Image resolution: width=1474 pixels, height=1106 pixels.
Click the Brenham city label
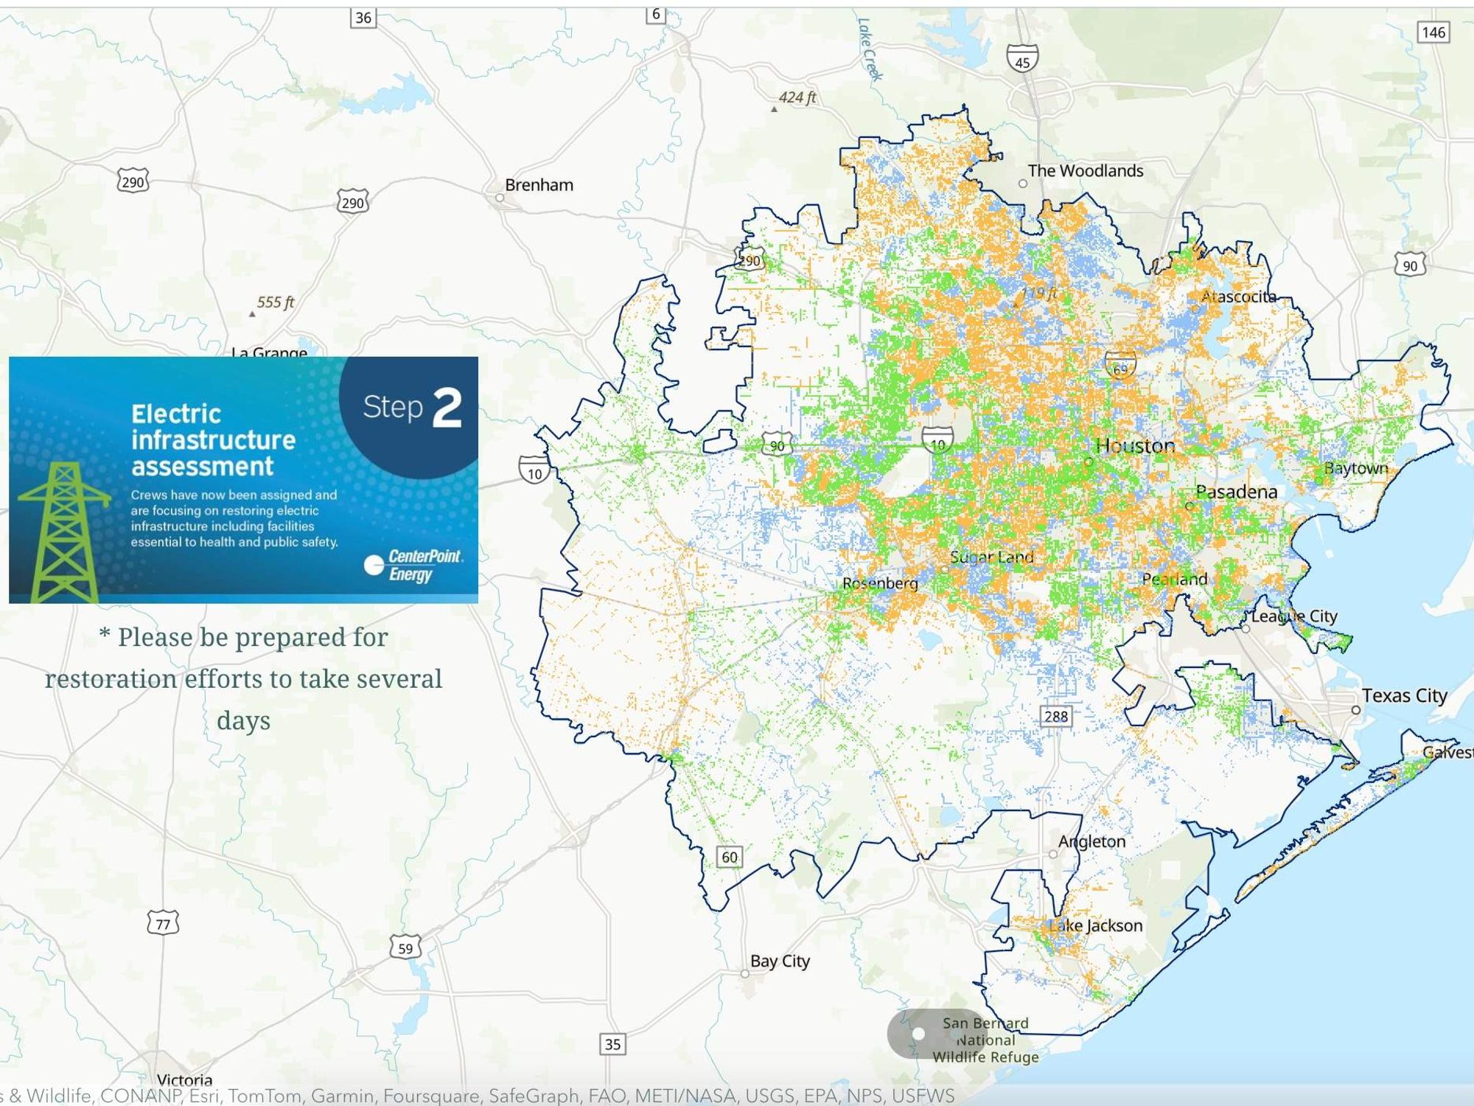pyautogui.click(x=539, y=185)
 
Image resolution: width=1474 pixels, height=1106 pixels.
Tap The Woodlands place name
pyautogui.click(x=1085, y=171)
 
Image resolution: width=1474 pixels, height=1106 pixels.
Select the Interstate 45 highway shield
pyautogui.click(x=1022, y=58)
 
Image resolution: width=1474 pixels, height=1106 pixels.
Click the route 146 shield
pyautogui.click(x=1433, y=32)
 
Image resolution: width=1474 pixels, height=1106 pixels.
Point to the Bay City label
pyautogui.click(x=780, y=961)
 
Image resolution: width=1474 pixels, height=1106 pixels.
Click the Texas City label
pyautogui.click(x=1404, y=695)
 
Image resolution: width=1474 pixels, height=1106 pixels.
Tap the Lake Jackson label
pyautogui.click(x=1096, y=926)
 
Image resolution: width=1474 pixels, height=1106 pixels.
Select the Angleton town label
pyautogui.click(x=1091, y=841)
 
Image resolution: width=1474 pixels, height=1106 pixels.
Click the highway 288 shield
pyautogui.click(x=1055, y=716)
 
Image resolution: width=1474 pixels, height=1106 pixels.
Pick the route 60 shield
pyautogui.click(x=729, y=857)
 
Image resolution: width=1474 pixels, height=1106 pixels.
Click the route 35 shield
pyautogui.click(x=612, y=1044)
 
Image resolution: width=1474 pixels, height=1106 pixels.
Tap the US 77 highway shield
pyautogui.click(x=163, y=924)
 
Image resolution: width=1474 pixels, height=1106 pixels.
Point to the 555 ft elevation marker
pyautogui.click(x=275, y=302)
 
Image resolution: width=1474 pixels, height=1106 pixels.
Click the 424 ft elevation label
pyautogui.click(x=797, y=97)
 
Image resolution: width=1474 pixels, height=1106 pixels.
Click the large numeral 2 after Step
pyautogui.click(x=447, y=408)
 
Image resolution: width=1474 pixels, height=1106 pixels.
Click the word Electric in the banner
pyautogui.click(x=176, y=414)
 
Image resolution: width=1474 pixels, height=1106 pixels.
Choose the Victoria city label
pyautogui.click(x=184, y=1080)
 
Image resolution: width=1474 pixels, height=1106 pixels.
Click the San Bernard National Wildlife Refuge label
pyautogui.click(x=985, y=1040)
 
